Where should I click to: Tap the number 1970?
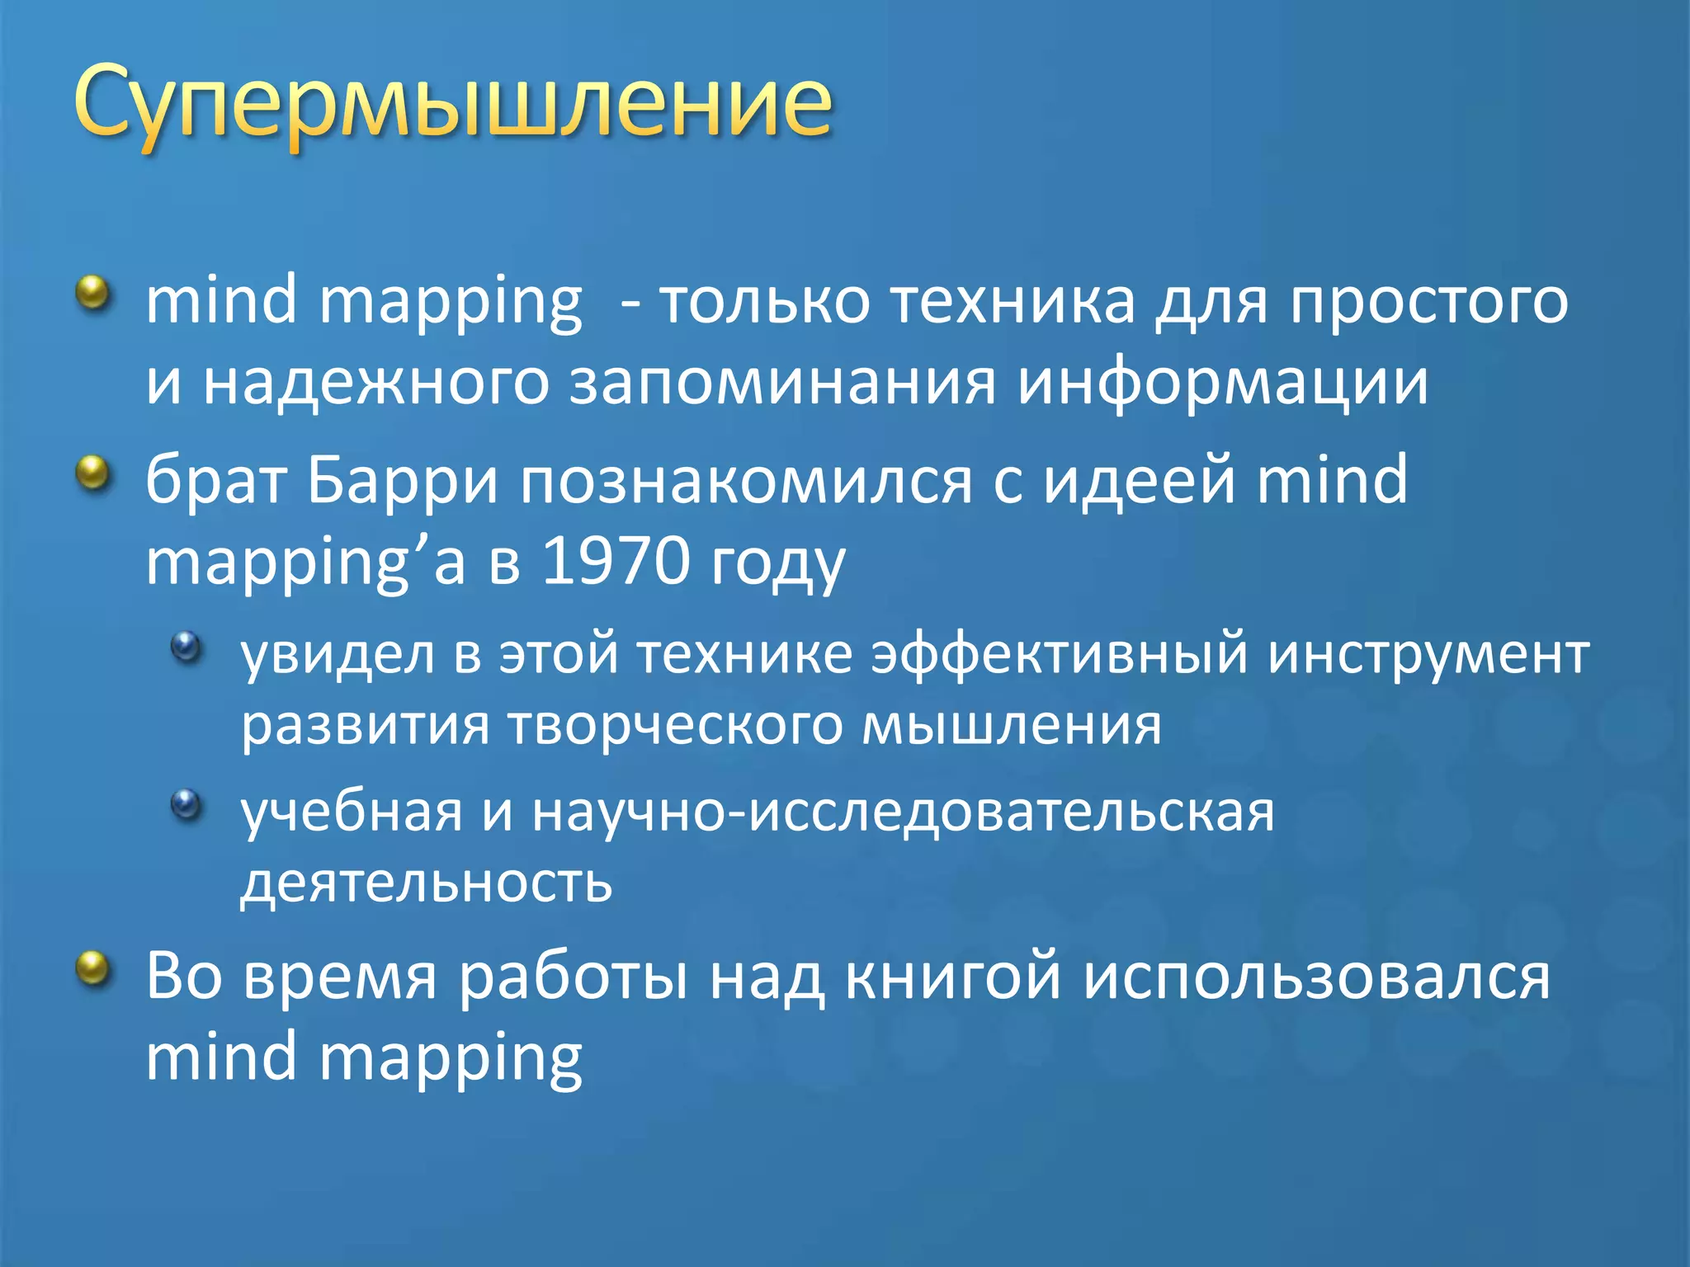pyautogui.click(x=616, y=561)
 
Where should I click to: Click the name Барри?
pyautogui.click(x=403, y=480)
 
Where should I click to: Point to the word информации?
pyautogui.click(x=1222, y=383)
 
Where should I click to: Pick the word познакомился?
pyautogui.click(x=746, y=480)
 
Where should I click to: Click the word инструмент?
pyautogui.click(x=1428, y=653)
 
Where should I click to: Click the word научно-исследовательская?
pyautogui.click(x=903, y=812)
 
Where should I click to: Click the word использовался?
pyautogui.click(x=1316, y=977)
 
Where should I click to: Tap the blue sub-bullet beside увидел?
pyautogui.click(x=186, y=646)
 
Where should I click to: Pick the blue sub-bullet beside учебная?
pyautogui.click(x=186, y=803)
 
